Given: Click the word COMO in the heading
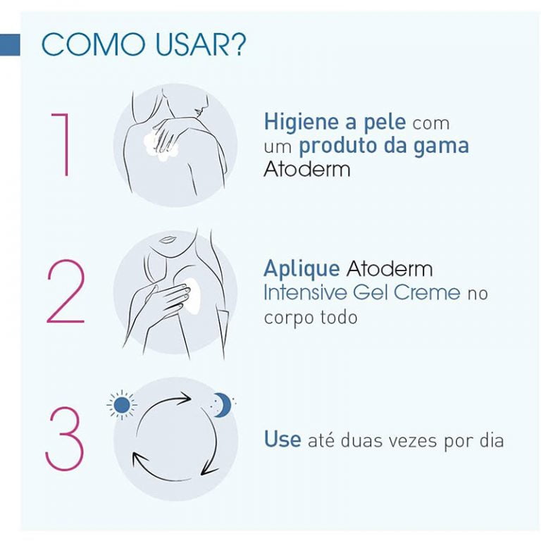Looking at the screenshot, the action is (93, 44).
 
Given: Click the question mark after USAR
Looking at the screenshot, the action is (237, 44).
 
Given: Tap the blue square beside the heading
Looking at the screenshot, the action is (10, 44).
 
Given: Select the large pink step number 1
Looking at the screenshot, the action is (61, 145).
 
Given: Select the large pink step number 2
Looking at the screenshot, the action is (66, 292).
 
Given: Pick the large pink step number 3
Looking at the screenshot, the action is (65, 439).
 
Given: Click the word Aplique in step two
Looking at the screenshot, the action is (301, 269).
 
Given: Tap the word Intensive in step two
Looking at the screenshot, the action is (305, 292).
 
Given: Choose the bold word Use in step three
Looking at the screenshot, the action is (282, 440).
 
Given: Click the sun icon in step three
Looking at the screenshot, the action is (122, 405).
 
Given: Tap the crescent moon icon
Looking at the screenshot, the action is (221, 404).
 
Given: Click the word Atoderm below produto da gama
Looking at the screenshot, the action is (306, 169).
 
